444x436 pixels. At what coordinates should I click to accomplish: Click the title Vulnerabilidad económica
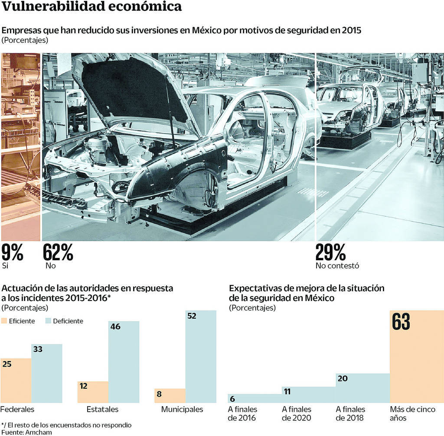(x=91, y=7)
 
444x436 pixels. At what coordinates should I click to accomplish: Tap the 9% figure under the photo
(x=12, y=252)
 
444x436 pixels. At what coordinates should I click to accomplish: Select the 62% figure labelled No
(x=58, y=252)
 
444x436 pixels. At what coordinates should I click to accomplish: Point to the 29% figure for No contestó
(x=330, y=252)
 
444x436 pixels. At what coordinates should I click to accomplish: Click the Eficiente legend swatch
(x=5, y=321)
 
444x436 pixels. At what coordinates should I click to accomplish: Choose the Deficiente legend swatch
(x=49, y=321)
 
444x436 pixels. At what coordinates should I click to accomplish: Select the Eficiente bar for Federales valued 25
(x=16, y=381)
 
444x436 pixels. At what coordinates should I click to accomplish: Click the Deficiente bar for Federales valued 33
(x=46, y=373)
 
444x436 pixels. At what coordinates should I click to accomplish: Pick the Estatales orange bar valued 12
(x=93, y=392)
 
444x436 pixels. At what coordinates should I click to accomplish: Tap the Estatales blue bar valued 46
(x=124, y=362)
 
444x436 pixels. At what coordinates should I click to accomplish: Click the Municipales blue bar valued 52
(x=200, y=356)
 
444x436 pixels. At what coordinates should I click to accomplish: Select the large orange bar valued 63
(x=416, y=356)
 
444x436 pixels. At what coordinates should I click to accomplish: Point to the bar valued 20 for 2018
(x=362, y=388)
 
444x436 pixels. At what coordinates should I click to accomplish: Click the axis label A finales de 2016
(x=242, y=413)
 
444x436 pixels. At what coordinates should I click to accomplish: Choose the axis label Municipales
(x=182, y=409)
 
